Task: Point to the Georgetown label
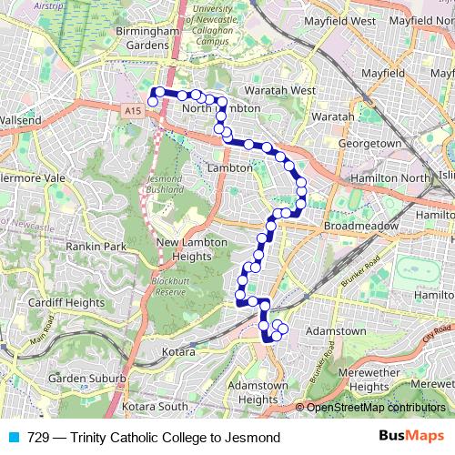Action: tap(369, 144)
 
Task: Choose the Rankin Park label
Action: tap(96, 246)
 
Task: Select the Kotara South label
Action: tap(154, 405)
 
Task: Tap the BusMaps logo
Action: tap(410, 436)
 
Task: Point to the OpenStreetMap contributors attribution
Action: tap(375, 409)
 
